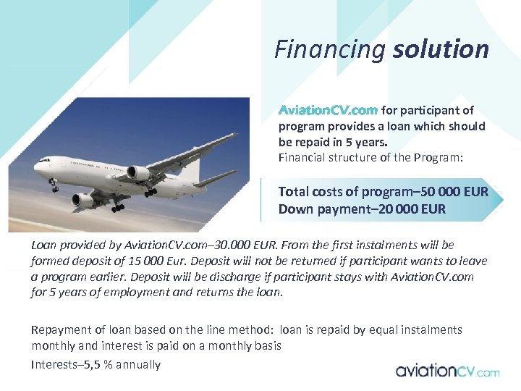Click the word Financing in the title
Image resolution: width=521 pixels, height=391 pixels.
point(330,49)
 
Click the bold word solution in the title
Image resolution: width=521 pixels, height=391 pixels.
point(441,49)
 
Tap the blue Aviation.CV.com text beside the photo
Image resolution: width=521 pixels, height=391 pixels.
point(328,111)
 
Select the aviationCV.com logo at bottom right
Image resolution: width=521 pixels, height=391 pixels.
point(447,371)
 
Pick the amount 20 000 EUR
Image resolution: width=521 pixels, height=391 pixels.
point(416,209)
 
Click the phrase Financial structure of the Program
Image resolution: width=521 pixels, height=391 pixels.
point(370,157)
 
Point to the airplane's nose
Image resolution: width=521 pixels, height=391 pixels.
point(37,167)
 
